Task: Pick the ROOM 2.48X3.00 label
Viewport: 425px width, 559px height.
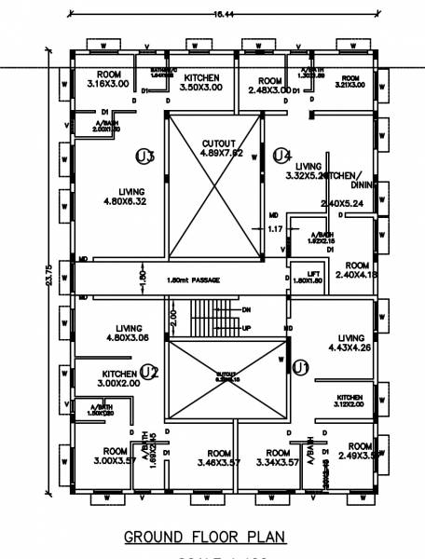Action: point(270,87)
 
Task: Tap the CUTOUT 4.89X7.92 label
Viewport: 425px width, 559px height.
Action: point(223,148)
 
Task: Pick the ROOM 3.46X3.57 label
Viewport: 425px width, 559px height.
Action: point(219,457)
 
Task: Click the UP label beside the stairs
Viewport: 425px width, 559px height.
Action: point(246,329)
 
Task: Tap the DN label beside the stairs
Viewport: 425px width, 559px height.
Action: point(246,310)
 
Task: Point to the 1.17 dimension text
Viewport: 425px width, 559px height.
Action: point(274,228)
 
